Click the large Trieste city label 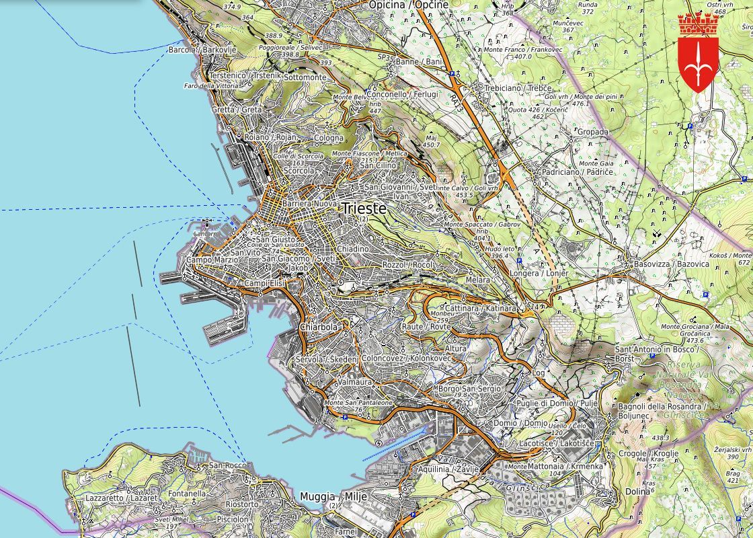364,208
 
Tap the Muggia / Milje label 326,496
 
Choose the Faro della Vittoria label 210,85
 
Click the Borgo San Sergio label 469,389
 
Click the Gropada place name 592,132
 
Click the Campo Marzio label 209,260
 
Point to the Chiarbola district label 319,328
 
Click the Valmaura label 356,381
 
